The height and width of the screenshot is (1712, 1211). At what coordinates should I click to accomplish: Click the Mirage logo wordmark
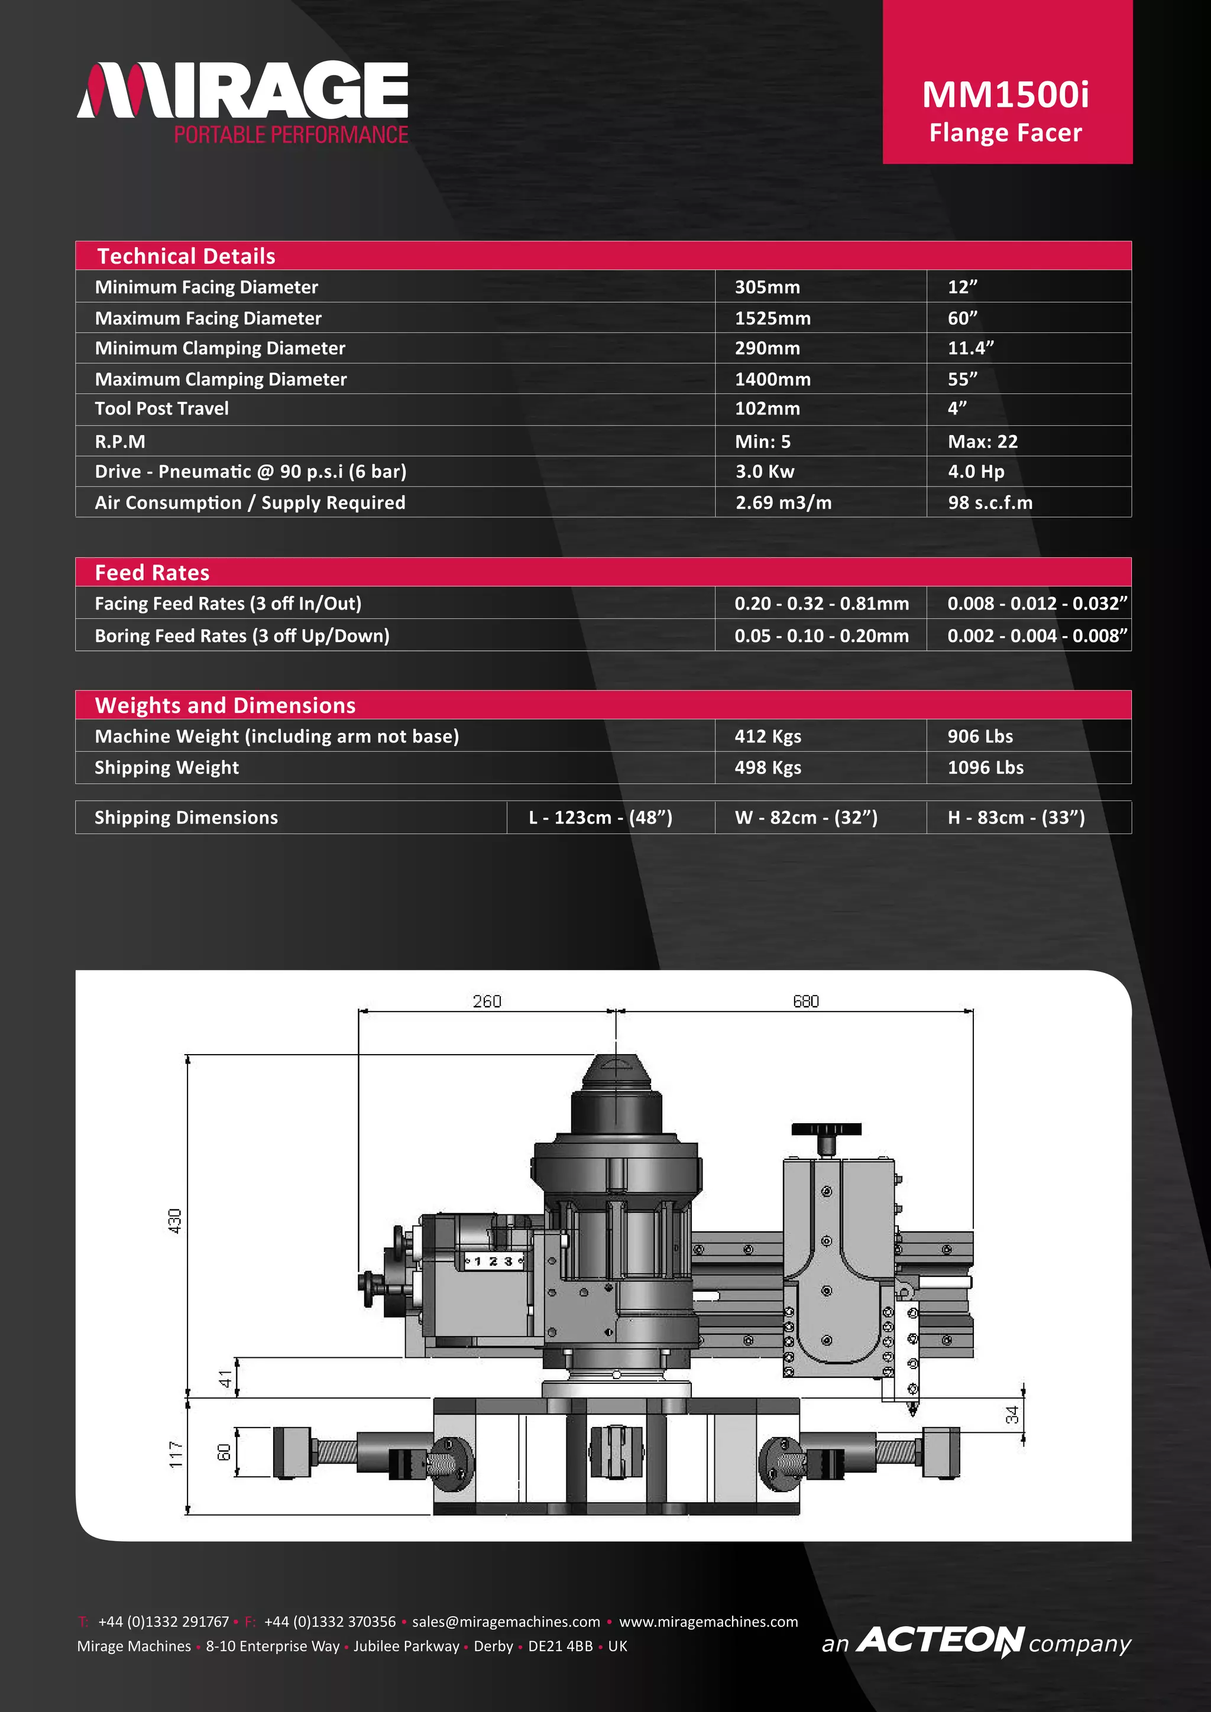click(242, 91)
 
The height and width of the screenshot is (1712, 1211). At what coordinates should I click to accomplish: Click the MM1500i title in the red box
click(1005, 95)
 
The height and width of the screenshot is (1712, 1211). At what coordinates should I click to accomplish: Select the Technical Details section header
click(186, 256)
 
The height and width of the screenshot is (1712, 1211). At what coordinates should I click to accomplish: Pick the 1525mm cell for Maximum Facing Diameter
click(772, 319)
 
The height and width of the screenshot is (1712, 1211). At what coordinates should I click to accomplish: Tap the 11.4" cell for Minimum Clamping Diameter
click(970, 348)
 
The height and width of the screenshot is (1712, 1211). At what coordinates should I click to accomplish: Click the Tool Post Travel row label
click(162, 408)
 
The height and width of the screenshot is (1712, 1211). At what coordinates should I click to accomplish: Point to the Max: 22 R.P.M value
click(982, 442)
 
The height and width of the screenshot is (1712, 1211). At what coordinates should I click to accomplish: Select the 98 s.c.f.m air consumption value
click(989, 502)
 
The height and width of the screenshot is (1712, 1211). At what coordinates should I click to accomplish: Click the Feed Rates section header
click(152, 573)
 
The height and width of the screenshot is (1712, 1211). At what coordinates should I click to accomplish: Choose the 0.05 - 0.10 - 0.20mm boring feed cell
click(821, 636)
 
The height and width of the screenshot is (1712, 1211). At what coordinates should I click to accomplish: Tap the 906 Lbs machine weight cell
click(980, 736)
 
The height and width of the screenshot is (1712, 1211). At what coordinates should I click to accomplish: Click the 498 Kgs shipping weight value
click(768, 767)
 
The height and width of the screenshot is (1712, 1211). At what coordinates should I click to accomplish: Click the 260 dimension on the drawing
click(487, 1001)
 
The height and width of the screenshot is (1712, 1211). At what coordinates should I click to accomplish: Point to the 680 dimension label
click(805, 1001)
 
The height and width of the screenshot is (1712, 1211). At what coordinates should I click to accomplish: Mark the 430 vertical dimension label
click(174, 1221)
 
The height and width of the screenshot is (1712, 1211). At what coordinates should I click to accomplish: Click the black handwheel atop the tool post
click(826, 1129)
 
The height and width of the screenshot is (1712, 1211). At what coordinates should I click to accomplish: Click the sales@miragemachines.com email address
click(506, 1622)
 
